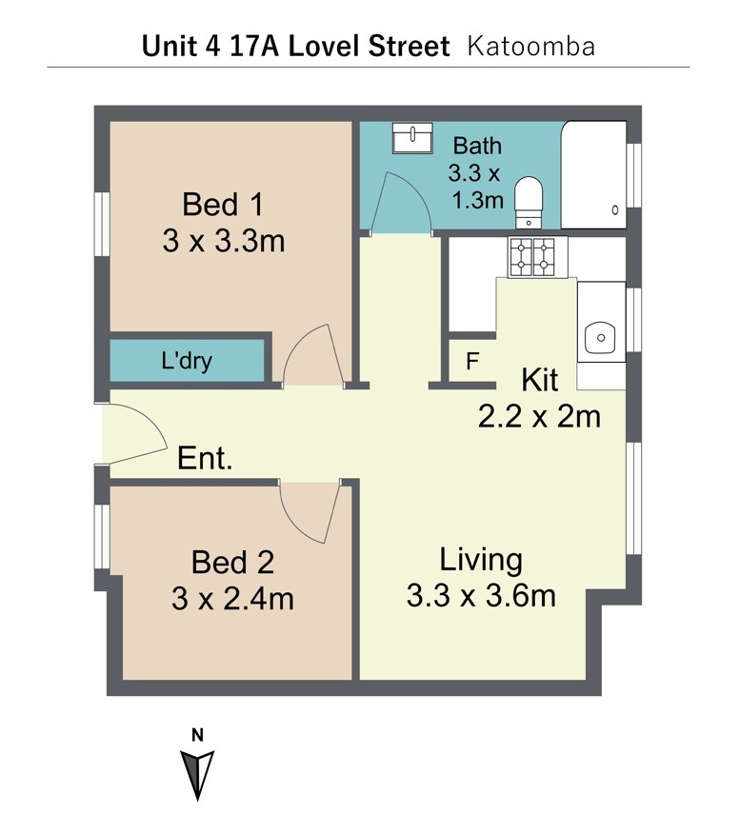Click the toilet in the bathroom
[x=529, y=202]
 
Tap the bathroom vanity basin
[x=412, y=138]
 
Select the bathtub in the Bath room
[x=593, y=175]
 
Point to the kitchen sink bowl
[x=600, y=337]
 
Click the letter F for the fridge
[x=472, y=362]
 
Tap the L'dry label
[x=187, y=361]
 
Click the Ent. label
[x=205, y=458]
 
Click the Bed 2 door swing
[x=309, y=511]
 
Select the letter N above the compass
[x=197, y=736]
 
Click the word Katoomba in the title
[x=530, y=47]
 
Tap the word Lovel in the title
[x=324, y=46]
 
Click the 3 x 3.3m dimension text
[x=224, y=241]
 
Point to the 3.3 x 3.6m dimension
[x=481, y=595]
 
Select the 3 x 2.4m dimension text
[x=232, y=599]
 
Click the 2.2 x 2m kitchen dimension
[x=539, y=416]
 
